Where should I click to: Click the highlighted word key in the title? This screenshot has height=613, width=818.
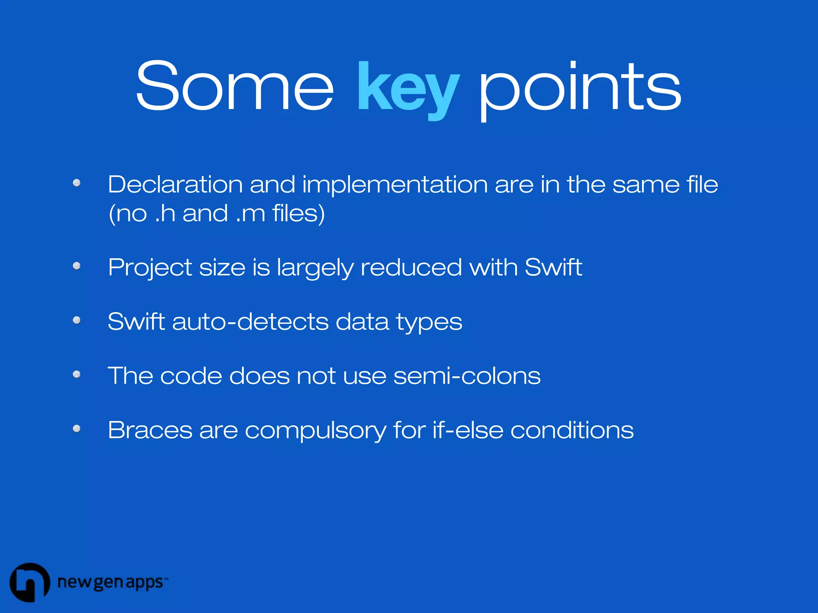pyautogui.click(x=408, y=89)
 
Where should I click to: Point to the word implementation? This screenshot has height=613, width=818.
pyautogui.click(x=395, y=185)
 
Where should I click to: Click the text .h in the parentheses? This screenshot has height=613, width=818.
pyautogui.click(x=165, y=213)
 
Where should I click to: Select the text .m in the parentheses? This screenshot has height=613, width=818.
pyautogui.click(x=250, y=214)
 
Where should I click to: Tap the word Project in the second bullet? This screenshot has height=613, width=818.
pyautogui.click(x=150, y=267)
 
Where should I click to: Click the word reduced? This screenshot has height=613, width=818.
pyautogui.click(x=411, y=267)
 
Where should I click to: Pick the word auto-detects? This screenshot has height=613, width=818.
pyautogui.click(x=250, y=322)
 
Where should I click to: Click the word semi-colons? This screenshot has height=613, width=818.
pyautogui.click(x=467, y=376)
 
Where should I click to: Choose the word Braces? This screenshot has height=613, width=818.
pyautogui.click(x=150, y=430)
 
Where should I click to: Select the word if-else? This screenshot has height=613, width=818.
pyautogui.click(x=468, y=430)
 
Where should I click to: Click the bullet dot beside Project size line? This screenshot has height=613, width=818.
pyautogui.click(x=77, y=266)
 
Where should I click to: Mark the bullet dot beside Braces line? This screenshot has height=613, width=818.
pyautogui.click(x=77, y=429)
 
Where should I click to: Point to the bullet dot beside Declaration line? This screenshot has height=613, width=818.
pyautogui.click(x=77, y=183)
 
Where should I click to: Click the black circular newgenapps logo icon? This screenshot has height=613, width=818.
pyautogui.click(x=30, y=582)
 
